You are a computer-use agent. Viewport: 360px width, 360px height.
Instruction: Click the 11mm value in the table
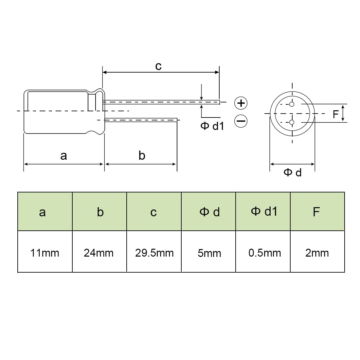coord(45,253)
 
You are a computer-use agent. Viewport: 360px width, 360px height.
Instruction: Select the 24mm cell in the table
coord(99,253)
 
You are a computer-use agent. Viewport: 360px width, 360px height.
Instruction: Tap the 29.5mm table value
coord(154,253)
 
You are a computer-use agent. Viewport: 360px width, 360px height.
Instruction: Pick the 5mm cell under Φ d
coord(209,253)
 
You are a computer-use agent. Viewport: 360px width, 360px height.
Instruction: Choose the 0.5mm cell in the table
coord(265,253)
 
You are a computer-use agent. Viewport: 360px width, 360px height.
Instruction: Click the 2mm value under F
coord(317,253)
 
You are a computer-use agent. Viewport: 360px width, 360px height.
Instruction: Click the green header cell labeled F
coord(317,211)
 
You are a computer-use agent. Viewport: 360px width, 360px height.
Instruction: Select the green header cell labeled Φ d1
coord(263,211)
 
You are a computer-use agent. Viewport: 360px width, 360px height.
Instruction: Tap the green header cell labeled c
coord(154,211)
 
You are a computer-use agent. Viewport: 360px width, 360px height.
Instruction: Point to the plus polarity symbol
coord(241,103)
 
